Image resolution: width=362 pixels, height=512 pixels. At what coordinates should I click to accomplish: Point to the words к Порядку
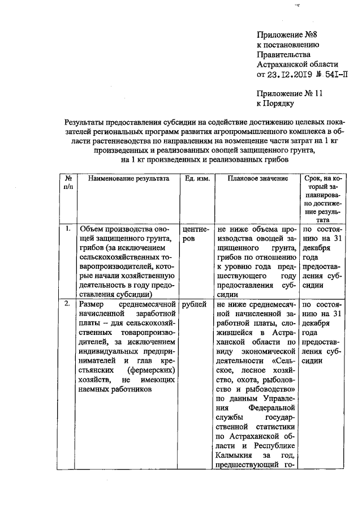click(x=275, y=104)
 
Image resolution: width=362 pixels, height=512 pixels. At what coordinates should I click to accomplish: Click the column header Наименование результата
click(x=124, y=178)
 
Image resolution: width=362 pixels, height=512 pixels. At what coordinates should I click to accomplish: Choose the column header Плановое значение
click(x=258, y=178)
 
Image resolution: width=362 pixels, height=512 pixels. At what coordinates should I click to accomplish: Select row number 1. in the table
click(x=67, y=229)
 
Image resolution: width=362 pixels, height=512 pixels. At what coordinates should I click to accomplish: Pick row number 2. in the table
click(x=67, y=304)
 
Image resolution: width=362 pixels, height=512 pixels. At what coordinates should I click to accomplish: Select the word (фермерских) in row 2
click(x=149, y=368)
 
